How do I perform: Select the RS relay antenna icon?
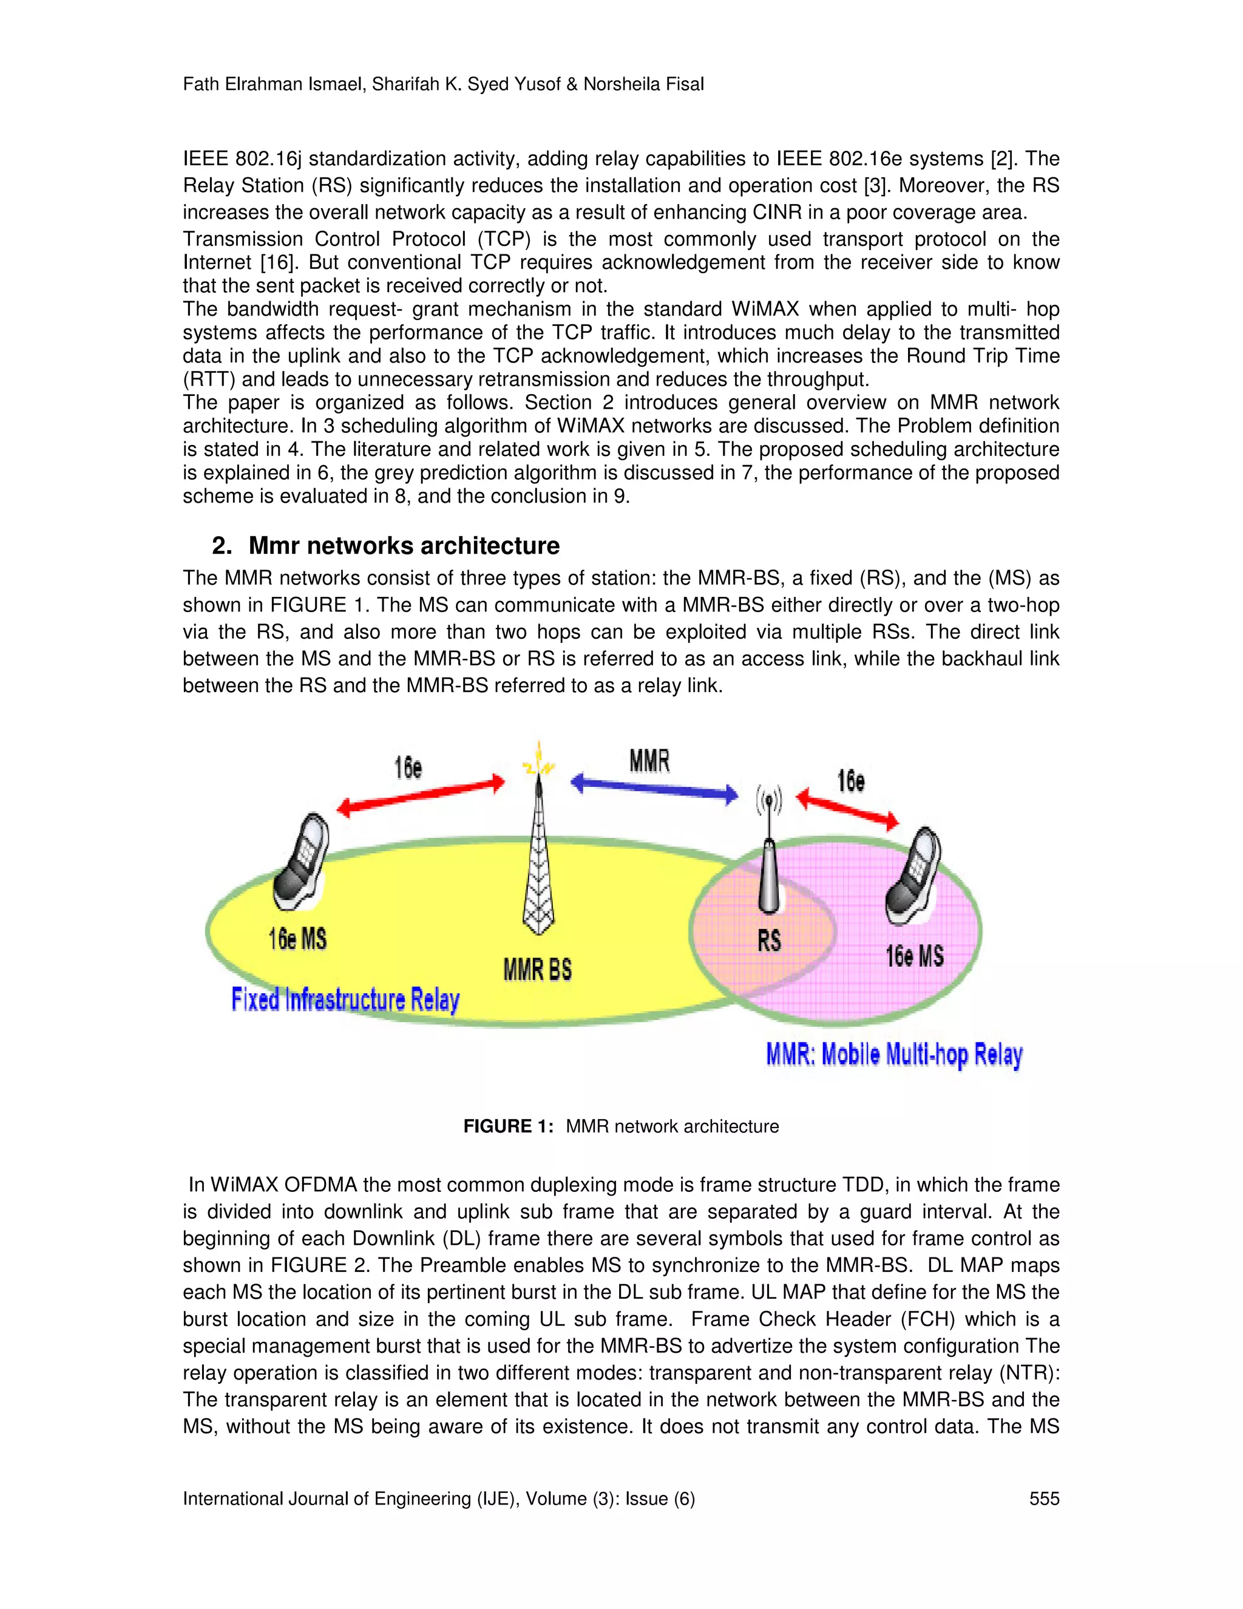click(x=770, y=855)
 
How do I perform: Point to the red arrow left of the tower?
click(x=421, y=795)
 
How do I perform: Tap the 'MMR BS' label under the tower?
click(x=538, y=970)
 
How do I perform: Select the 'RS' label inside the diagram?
click(x=770, y=940)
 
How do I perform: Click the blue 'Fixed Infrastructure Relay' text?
click(x=345, y=1000)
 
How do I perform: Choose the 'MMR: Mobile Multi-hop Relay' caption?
click(x=894, y=1055)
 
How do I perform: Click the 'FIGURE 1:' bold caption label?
click(x=508, y=1126)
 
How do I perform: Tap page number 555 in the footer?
click(x=1044, y=1498)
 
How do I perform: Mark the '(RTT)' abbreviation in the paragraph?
click(x=206, y=379)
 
